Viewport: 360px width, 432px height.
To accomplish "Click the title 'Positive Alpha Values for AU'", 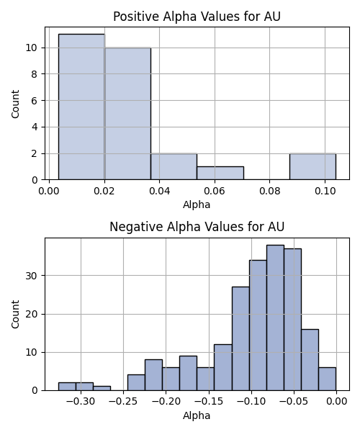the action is coord(197,17).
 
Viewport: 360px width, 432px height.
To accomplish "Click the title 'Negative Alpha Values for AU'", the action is coord(197,227).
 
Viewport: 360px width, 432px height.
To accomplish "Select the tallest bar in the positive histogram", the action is coord(81,107).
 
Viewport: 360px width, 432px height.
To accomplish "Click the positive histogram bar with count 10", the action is coord(128,114).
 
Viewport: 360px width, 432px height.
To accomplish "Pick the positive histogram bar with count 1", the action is coord(220,173).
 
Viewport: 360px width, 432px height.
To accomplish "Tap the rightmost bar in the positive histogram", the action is coord(312,167).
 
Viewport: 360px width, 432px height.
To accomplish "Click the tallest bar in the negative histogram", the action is coord(276,318).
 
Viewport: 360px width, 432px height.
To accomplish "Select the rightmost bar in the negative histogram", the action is coord(328,379).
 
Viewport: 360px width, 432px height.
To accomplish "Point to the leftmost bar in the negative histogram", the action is coord(67,387).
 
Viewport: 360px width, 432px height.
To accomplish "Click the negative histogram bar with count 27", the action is coord(240,338).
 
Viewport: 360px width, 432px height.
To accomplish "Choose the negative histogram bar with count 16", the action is coord(310,360).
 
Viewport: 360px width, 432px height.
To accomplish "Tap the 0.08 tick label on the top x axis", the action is coord(270,191).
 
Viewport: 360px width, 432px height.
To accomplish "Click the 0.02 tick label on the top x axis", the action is coord(104,191).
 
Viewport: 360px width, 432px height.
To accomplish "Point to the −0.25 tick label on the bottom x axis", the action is coord(123,401).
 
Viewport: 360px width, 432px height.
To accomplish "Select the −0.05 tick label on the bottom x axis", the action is coord(294,401).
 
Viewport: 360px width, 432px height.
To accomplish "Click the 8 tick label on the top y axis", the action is coord(34,74).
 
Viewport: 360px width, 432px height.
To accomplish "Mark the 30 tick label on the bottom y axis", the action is coord(32,276).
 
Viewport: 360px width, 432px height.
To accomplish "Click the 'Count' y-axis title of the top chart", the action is coord(15,104).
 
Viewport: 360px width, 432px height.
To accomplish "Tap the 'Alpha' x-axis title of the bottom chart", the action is coord(197,415).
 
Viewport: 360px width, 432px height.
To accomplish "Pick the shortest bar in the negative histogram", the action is coord(102,389).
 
